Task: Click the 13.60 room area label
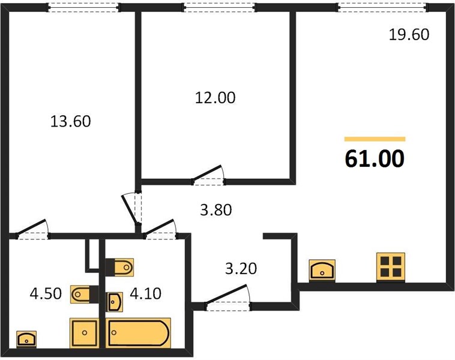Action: [x=70, y=121]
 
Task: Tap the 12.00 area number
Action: [x=215, y=98]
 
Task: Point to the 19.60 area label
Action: [x=409, y=35]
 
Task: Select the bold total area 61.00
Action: [x=375, y=158]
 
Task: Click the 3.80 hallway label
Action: [x=216, y=210]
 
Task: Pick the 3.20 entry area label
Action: [x=241, y=269]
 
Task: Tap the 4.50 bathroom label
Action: [x=46, y=293]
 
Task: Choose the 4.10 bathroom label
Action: [x=145, y=293]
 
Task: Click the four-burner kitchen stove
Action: [x=391, y=266]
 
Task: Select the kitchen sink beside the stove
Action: [x=322, y=270]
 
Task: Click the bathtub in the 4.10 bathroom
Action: [x=138, y=333]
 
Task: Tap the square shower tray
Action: [x=85, y=333]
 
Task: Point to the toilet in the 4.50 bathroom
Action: [x=85, y=294]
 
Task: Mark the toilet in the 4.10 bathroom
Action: [x=119, y=267]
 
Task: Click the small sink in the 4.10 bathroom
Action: [x=115, y=302]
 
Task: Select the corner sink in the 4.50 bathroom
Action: [x=26, y=339]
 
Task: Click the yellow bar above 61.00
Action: [x=375, y=139]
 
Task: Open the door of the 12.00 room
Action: [x=208, y=176]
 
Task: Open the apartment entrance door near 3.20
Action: [x=227, y=298]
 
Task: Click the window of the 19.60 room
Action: [x=383, y=8]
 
